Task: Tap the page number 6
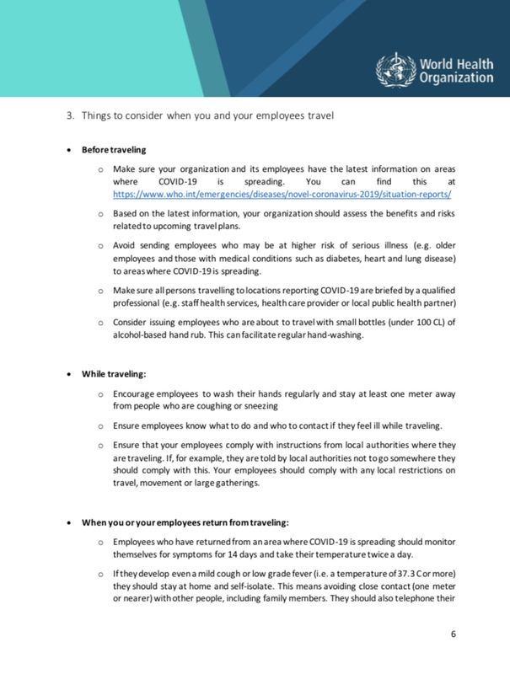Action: pos(453,634)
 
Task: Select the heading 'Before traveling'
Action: pos(114,149)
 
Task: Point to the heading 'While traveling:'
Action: pos(114,373)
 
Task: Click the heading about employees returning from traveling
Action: pos(185,522)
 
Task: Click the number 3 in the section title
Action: pos(70,115)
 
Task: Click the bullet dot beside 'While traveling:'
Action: pos(68,373)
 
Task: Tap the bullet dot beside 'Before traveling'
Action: pos(68,149)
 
